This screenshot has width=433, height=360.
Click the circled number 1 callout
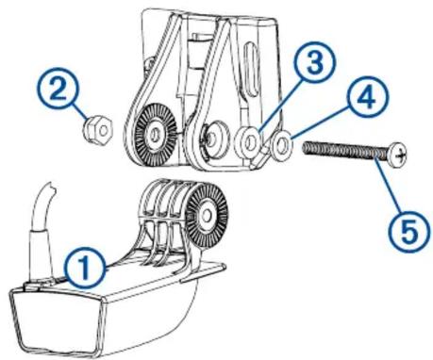click(x=84, y=267)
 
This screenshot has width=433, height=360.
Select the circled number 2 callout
click(x=59, y=90)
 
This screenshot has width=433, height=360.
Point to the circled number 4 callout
click(x=368, y=97)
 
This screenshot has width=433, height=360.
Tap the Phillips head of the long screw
click(x=397, y=153)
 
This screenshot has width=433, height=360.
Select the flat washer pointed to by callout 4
click(x=282, y=145)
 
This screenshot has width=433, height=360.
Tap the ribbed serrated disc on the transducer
click(x=207, y=215)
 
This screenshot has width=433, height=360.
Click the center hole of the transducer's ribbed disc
click(x=207, y=215)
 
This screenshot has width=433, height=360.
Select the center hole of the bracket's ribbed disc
click(x=155, y=134)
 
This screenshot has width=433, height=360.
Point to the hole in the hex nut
click(x=100, y=130)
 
